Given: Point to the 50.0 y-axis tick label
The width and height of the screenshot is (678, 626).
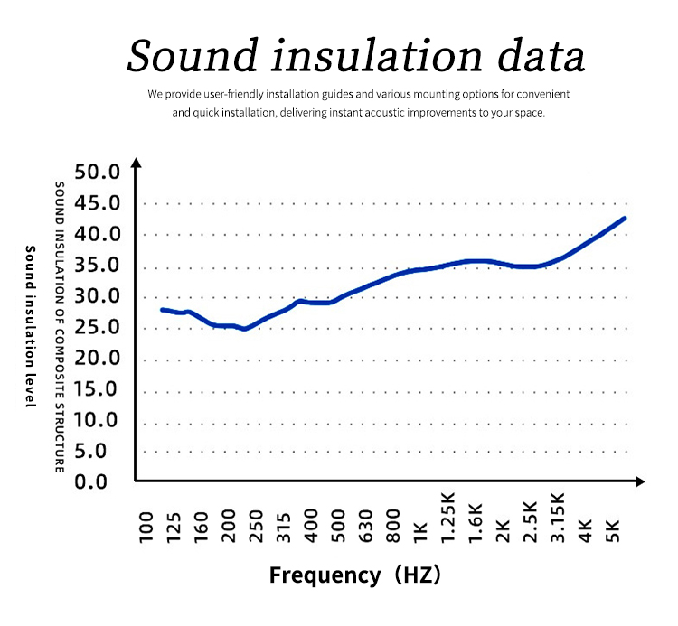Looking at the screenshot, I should coord(97,173).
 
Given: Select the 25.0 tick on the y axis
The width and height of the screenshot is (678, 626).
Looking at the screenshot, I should coord(97,327).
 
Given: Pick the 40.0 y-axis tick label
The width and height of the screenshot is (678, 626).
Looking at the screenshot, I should coord(97,234).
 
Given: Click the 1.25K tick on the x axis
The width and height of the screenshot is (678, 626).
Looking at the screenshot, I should coord(447,518).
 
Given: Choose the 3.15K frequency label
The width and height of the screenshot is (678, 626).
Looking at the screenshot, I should coord(558,518).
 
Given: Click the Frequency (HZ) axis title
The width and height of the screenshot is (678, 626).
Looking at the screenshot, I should coord(354,575).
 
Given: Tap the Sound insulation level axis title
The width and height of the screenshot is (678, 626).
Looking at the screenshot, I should coord(30,326).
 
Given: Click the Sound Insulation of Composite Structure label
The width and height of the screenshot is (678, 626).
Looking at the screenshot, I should coord(60,326).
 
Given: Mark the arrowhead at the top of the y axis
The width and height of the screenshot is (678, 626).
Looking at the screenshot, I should coord(136,164).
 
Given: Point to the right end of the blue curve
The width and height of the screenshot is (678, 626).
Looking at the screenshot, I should coord(624,219).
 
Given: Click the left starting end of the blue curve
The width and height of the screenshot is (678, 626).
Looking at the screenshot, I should coord(162,310).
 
